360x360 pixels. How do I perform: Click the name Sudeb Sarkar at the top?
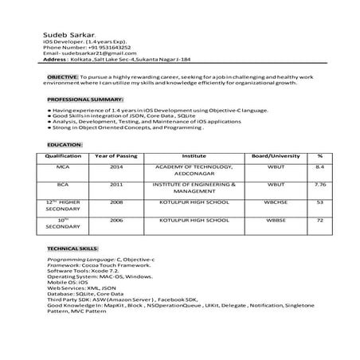(x=68, y=36)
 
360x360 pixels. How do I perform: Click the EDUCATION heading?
(x=65, y=144)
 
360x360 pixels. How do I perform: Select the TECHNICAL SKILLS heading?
(x=72, y=248)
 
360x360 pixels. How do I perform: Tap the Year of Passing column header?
(x=116, y=155)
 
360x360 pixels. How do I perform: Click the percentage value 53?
(x=319, y=202)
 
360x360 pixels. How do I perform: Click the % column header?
(x=319, y=155)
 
